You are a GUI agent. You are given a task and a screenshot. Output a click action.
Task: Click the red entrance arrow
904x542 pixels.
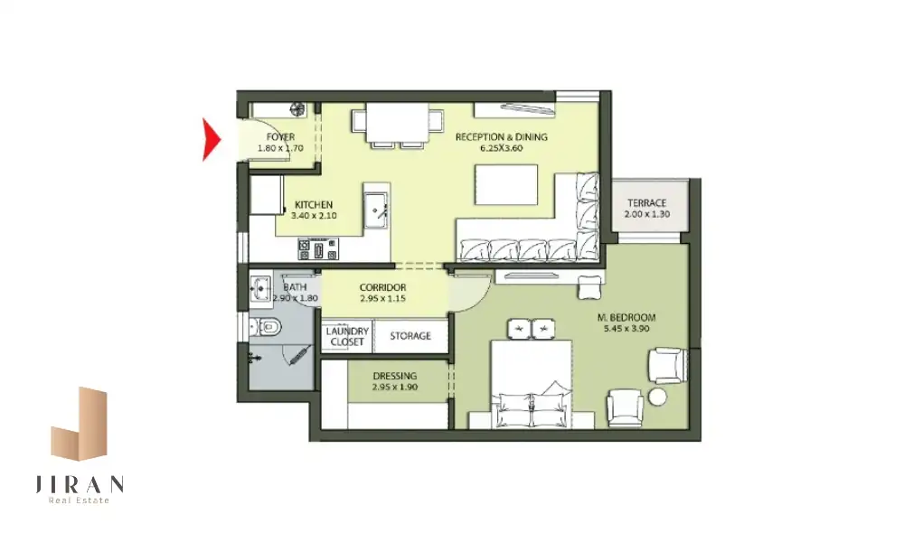pos(210,139)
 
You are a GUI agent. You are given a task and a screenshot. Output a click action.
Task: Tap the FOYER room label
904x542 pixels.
pos(281,137)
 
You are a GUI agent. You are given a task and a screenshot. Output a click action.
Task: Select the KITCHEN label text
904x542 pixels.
pos(314,204)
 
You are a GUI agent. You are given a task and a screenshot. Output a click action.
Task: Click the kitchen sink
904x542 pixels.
pos(375,210)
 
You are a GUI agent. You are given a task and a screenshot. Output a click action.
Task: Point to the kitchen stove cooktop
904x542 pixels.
pos(318,249)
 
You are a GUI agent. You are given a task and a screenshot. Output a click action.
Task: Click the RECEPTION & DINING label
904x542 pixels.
pos(502,137)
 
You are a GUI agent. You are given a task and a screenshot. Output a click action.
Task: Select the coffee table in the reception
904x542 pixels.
pos(506,184)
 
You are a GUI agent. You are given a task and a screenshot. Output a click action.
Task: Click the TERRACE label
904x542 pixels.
pos(647,202)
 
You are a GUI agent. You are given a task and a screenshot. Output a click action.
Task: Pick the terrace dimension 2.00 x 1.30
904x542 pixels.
pos(647,214)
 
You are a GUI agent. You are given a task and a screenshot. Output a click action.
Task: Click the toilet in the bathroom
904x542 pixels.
pos(266,328)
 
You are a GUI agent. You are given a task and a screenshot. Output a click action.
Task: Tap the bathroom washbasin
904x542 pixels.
pos(260,287)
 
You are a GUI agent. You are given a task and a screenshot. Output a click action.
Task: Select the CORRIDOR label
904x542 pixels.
pos(382,287)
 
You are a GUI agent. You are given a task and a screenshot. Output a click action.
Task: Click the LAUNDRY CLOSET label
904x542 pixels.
pos(347,336)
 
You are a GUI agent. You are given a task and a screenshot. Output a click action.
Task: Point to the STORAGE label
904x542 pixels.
pos(410,336)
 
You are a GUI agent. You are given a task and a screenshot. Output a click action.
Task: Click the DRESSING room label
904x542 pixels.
pos(395,376)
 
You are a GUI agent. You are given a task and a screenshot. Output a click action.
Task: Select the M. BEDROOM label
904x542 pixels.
pos(626,317)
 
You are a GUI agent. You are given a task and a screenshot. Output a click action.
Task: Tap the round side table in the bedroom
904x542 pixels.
pos(657,397)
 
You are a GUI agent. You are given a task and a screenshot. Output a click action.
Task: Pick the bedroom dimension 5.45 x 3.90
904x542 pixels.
pos(626,329)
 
